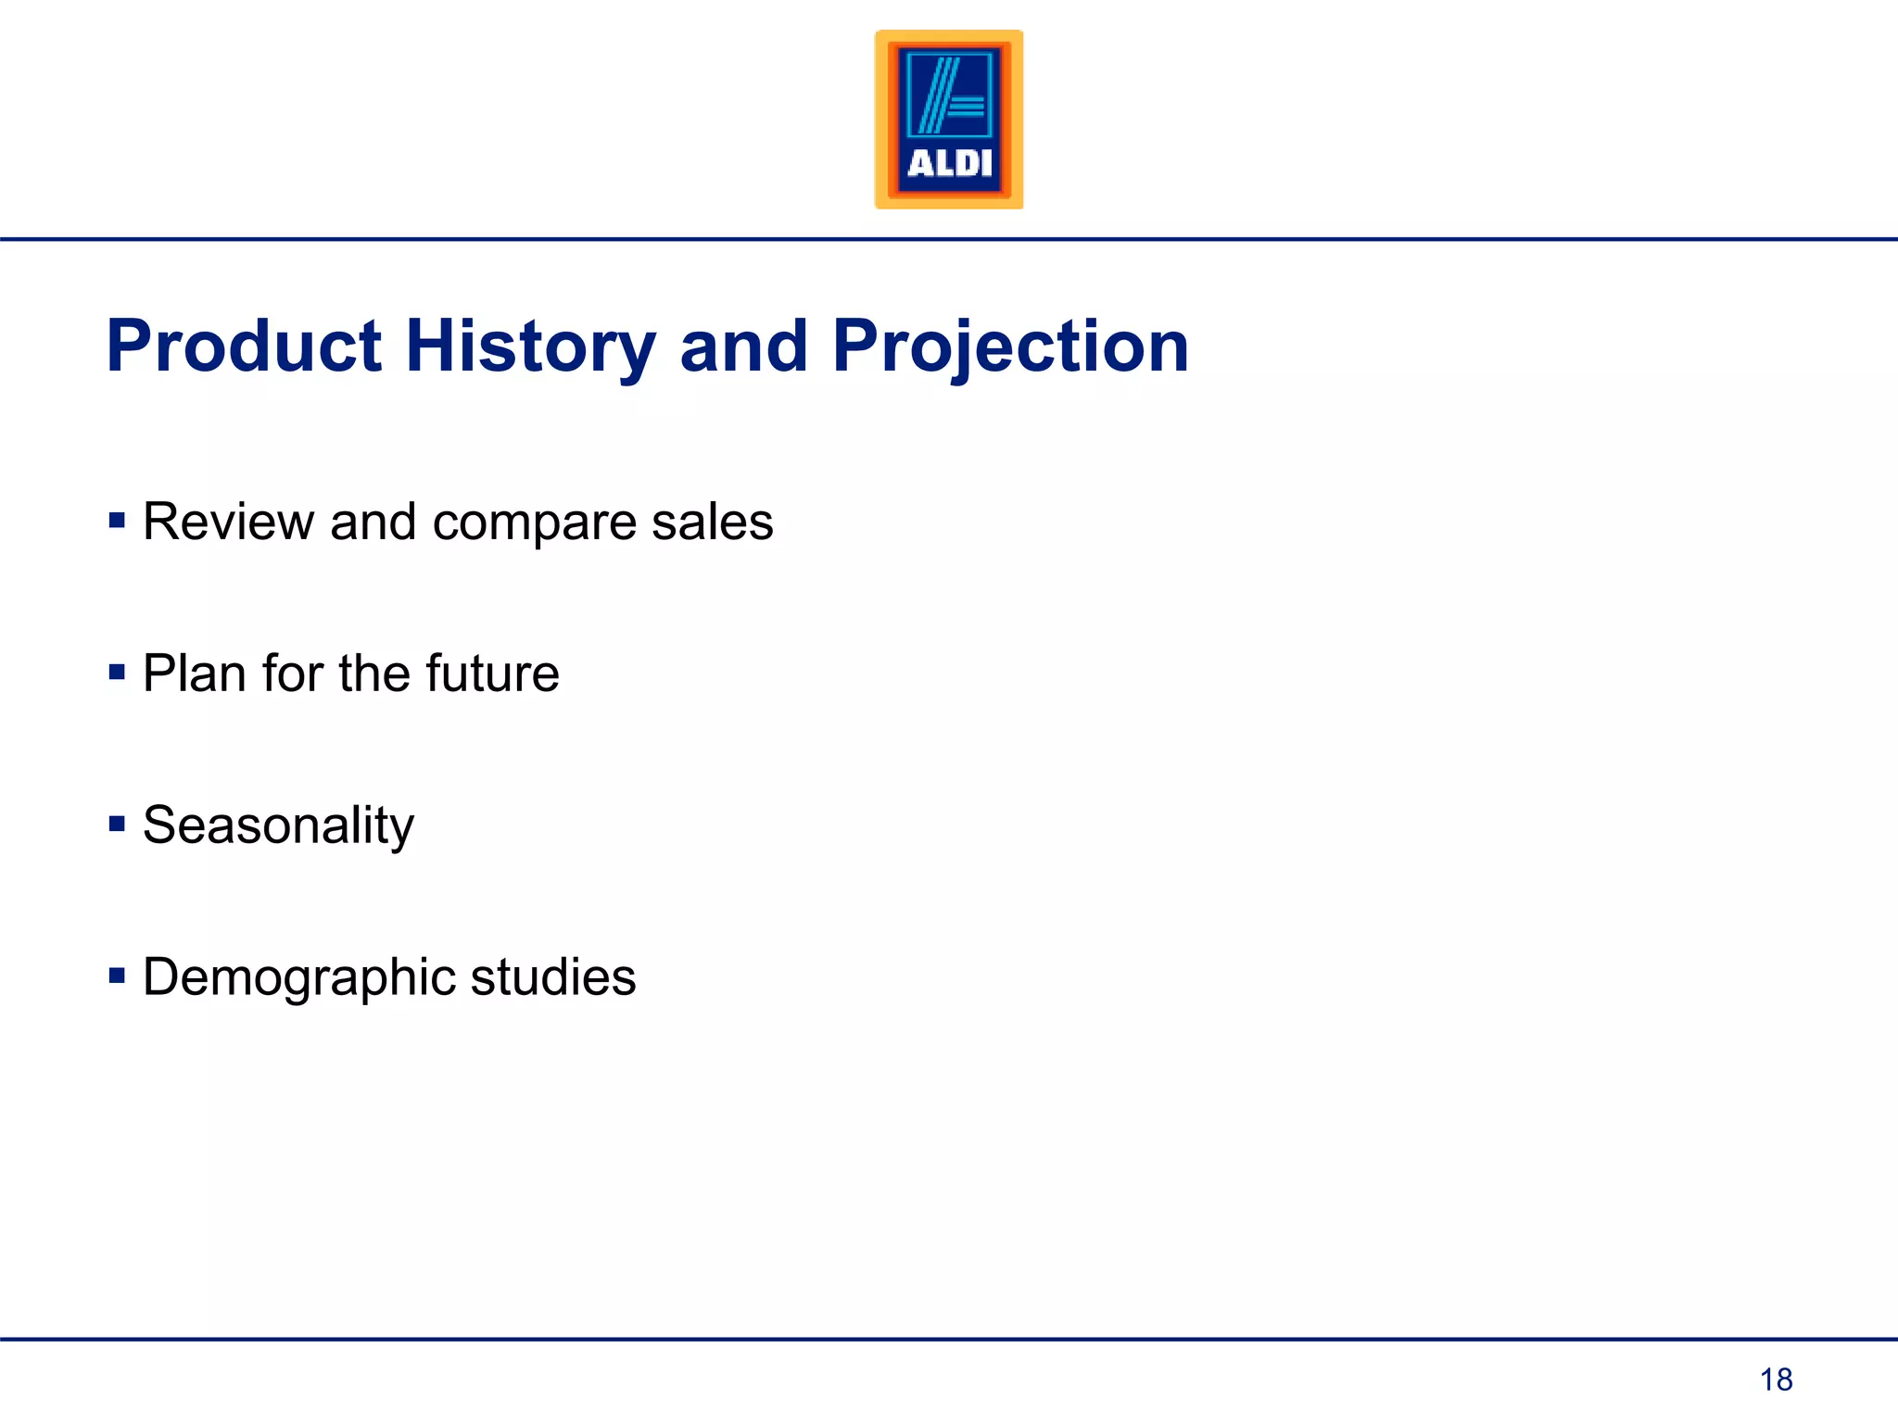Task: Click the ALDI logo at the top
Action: [x=949, y=120]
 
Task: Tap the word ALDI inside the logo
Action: [x=949, y=164]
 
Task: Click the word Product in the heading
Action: [x=244, y=346]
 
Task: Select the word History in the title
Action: [x=530, y=346]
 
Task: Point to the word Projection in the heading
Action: [x=1009, y=346]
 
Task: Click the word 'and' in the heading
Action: [x=743, y=346]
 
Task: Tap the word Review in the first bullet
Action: [x=228, y=522]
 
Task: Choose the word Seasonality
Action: [x=278, y=825]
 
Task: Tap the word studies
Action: [x=553, y=977]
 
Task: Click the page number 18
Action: [x=1776, y=1379]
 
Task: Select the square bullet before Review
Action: [x=117, y=520]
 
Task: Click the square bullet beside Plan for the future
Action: [x=117, y=672]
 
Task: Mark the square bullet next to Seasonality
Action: [x=117, y=824]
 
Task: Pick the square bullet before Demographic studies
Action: [x=117, y=976]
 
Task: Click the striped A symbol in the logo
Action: [x=949, y=95]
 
